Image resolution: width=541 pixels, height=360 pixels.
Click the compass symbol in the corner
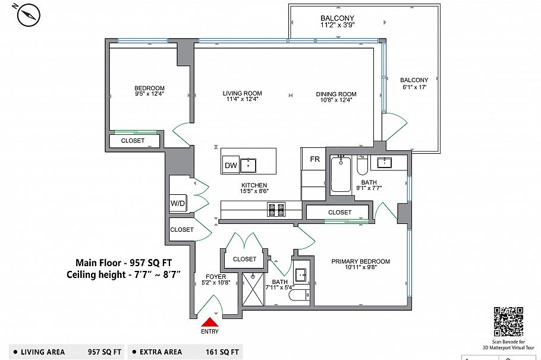[29, 14]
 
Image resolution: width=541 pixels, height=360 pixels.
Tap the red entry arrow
[210, 322]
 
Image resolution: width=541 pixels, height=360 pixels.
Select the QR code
[508, 322]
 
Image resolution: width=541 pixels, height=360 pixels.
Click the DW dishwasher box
[231, 165]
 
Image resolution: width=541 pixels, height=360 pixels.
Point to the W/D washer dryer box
[178, 203]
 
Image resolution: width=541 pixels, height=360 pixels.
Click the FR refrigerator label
[314, 159]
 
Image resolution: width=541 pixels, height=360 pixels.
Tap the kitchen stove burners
[276, 209]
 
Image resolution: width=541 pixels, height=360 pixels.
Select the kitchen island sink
[248, 165]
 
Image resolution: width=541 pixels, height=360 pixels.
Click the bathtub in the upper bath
[341, 174]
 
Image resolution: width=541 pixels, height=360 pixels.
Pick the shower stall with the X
[253, 289]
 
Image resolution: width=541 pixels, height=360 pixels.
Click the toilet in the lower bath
[300, 295]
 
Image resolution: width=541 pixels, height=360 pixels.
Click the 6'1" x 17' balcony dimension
[414, 87]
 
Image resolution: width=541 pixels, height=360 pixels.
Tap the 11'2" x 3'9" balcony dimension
[338, 24]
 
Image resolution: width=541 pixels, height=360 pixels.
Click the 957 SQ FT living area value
[105, 352]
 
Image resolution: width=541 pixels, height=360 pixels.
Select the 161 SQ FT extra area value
[222, 352]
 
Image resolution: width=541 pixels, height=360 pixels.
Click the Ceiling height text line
[124, 274]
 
